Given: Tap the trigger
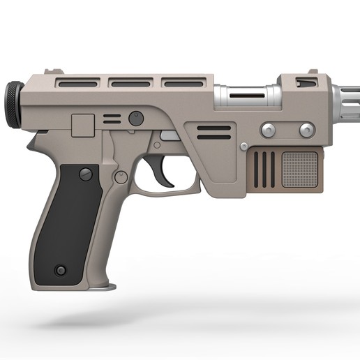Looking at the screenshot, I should point(165,174).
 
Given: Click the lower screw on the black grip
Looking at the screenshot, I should point(61,270).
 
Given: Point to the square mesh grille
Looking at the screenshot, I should point(300,169).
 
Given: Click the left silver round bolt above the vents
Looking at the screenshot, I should point(267,130).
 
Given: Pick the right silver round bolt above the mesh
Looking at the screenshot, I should point(306,130).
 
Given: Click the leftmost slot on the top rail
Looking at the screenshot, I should point(77,84).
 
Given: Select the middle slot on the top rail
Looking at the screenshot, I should point(130,84).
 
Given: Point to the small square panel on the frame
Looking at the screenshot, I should point(84,126).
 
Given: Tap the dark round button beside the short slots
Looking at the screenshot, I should point(137,118).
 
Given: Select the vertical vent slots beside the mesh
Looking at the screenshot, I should point(264,169).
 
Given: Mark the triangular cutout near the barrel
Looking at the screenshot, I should point(306,84).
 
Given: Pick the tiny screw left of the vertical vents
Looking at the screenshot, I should point(243,146).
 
